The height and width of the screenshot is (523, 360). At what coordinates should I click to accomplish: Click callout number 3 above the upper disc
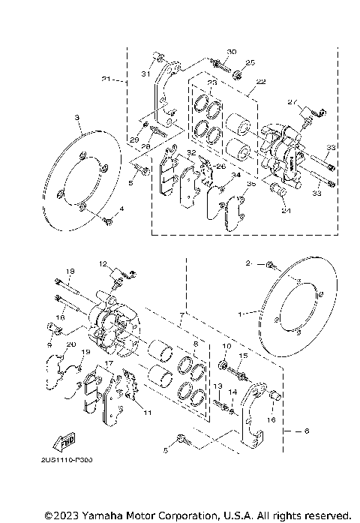[x=77, y=118]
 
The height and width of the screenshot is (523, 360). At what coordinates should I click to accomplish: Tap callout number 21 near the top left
[x=106, y=79]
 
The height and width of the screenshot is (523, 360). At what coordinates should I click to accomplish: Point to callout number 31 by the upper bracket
[x=147, y=74]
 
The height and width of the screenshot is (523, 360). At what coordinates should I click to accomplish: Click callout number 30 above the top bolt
[x=231, y=52]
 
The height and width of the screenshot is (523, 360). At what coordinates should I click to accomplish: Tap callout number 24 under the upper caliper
[x=285, y=210]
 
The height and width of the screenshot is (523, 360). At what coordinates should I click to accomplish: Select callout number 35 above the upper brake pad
[x=251, y=183]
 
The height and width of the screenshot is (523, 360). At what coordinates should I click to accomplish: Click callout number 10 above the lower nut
[x=225, y=346]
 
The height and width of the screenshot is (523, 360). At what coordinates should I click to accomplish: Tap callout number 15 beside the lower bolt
[x=243, y=356]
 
